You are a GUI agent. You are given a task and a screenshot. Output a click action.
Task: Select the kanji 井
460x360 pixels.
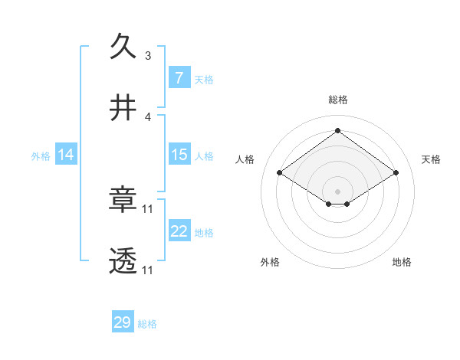[123, 108]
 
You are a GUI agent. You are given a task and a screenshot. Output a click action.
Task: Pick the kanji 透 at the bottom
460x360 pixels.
[123, 261]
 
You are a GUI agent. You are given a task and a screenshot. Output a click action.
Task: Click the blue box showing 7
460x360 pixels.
[179, 78]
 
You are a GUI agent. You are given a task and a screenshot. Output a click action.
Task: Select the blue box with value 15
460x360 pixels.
[179, 155]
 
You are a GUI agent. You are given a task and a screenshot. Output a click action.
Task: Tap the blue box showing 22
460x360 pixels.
[179, 231]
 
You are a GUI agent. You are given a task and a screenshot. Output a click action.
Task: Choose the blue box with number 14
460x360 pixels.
[66, 155]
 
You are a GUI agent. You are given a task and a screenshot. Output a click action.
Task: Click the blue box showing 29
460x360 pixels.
[123, 322]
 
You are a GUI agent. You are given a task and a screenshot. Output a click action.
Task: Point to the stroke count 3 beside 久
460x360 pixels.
[148, 56]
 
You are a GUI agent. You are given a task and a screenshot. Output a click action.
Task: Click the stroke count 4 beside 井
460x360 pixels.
[148, 117]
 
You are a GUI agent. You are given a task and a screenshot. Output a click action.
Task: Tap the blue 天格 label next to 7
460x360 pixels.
[204, 79]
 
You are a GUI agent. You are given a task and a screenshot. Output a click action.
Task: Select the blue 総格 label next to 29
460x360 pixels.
[147, 323]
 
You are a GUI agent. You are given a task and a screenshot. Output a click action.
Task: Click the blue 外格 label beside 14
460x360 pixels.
[41, 155]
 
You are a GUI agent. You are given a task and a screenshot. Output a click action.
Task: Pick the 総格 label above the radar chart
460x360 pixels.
[337, 100]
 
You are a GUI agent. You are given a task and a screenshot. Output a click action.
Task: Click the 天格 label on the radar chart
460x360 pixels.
[432, 159]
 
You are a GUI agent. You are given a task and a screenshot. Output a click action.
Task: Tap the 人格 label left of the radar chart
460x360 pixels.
[245, 159]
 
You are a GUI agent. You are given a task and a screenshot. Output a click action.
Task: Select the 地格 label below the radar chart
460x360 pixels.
[402, 262]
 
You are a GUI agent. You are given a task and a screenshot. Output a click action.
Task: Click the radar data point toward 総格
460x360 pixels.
[337, 130]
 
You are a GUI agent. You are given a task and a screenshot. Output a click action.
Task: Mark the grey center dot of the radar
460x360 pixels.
[337, 191]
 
